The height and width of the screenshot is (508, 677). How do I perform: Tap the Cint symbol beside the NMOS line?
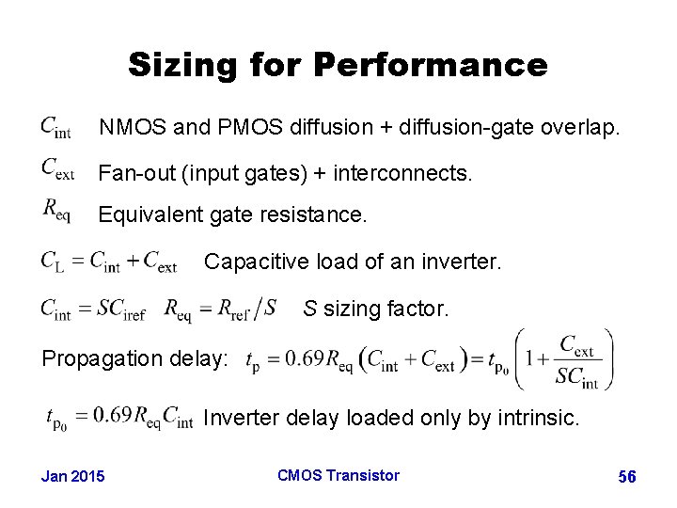[x=56, y=126]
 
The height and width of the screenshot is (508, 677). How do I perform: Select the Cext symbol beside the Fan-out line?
[x=57, y=169]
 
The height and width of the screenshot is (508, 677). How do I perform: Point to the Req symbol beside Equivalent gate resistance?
[x=56, y=211]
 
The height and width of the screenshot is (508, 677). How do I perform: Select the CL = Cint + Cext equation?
[x=109, y=262]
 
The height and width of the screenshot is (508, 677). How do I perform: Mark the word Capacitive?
[x=255, y=261]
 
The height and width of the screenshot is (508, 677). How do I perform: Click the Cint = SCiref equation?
[x=92, y=309]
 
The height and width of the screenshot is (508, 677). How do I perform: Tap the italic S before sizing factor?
[x=308, y=308]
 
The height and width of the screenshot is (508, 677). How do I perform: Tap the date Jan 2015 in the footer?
[x=74, y=477]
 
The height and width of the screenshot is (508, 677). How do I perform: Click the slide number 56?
[x=627, y=478]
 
